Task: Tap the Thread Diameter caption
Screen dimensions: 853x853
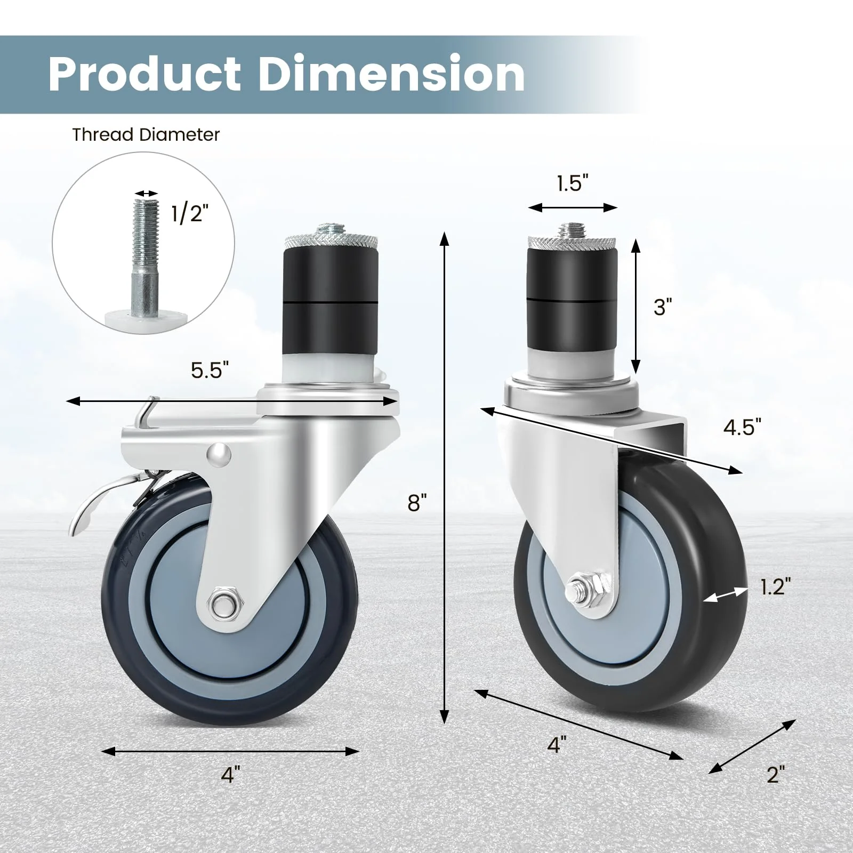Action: click(146, 135)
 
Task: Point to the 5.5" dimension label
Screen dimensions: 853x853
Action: click(210, 370)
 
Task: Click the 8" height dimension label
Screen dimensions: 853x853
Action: click(417, 502)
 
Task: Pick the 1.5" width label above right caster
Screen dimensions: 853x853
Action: click(572, 183)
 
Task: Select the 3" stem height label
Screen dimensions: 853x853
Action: click(663, 307)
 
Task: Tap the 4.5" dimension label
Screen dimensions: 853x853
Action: click(742, 427)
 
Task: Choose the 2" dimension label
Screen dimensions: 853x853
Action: click(776, 774)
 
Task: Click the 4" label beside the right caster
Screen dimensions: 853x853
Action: click(557, 744)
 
